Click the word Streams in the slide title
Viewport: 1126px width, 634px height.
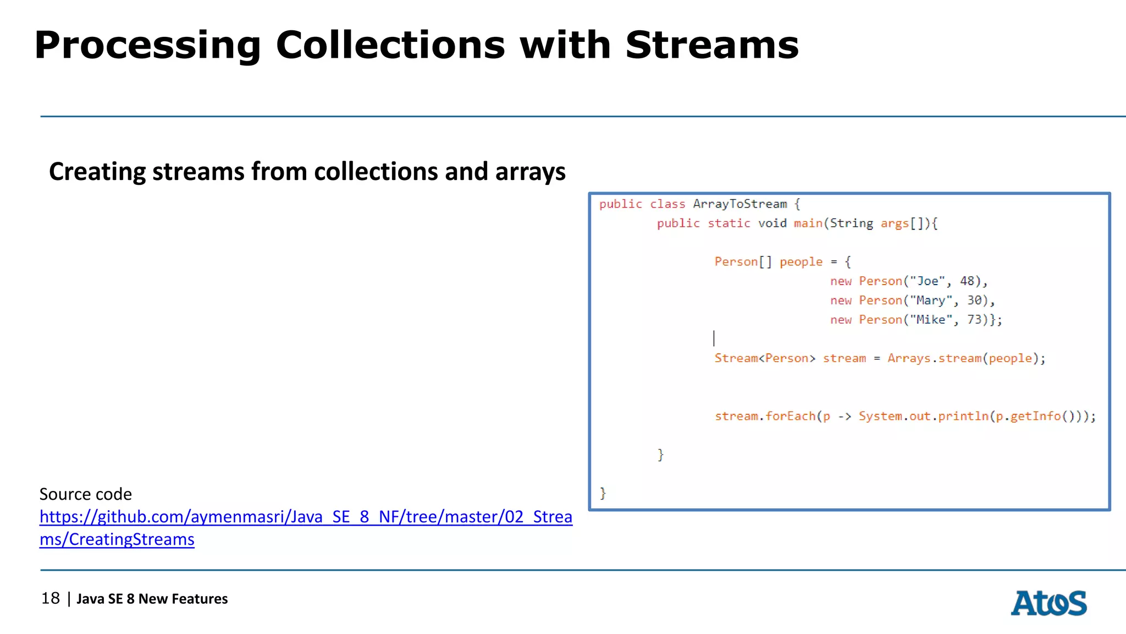tap(712, 45)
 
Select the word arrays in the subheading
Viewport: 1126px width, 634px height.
tap(530, 172)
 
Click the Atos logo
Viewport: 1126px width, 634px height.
tap(1048, 603)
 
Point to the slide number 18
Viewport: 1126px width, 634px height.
tap(51, 598)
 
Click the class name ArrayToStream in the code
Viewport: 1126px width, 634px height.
tap(739, 204)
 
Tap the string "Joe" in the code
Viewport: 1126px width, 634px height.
tap(928, 281)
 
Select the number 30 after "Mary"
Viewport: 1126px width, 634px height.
tap(974, 300)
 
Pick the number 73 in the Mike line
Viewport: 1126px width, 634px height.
tap(974, 320)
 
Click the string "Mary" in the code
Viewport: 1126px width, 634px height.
tap(931, 300)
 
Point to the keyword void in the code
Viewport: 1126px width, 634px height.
tap(772, 223)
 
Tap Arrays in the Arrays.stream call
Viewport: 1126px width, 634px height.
tap(908, 358)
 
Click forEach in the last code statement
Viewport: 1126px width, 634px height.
tap(791, 416)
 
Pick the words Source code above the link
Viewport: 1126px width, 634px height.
tap(86, 494)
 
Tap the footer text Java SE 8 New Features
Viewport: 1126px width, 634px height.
tap(152, 599)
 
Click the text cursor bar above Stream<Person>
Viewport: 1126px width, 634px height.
tap(714, 338)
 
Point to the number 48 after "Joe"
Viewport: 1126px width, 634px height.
tap(967, 281)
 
